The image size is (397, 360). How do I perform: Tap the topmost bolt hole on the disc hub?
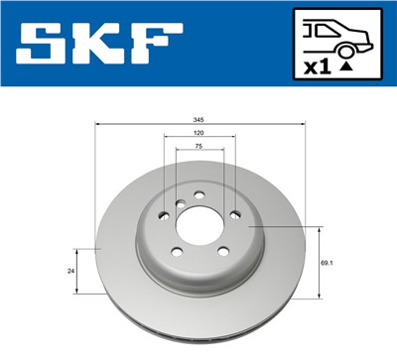coord(198,193)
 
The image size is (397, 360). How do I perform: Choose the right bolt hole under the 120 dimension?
coord(234,214)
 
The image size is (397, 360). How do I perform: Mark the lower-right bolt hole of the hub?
coord(221,250)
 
